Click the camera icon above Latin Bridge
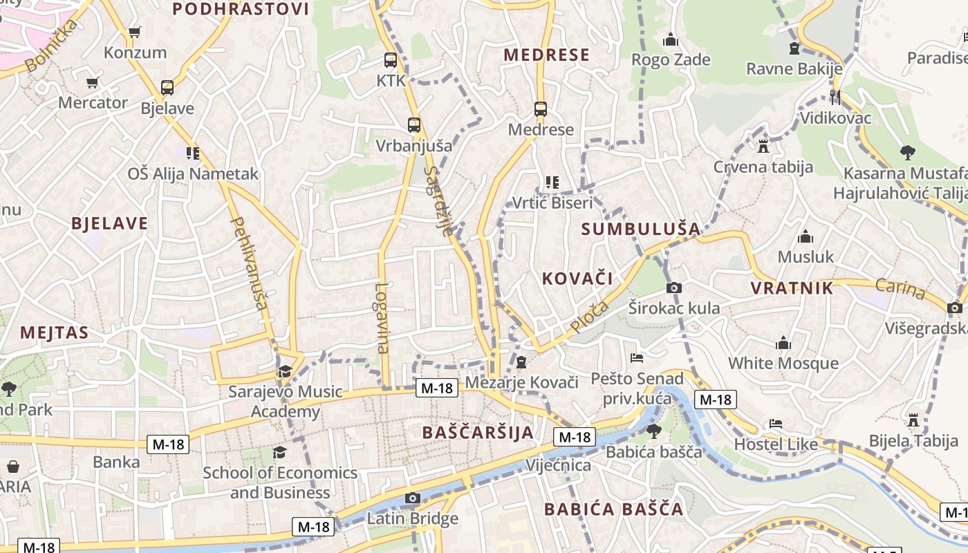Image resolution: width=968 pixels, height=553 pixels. pos(413,498)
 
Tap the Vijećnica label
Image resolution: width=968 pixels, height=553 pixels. pos(559,465)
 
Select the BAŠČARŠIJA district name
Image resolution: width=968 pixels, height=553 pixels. pos(478,433)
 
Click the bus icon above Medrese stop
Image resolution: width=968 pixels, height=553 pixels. pos(541,109)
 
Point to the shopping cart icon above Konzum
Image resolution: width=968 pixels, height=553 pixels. pos(135,32)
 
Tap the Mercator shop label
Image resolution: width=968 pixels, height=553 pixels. pos(93,103)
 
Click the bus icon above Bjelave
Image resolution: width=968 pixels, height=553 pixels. pos(167,88)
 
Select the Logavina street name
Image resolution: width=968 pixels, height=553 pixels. pos(382,318)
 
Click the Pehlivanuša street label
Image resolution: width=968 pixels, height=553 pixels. pos(248,263)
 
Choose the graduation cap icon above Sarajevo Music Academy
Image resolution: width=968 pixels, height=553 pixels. pos(285,372)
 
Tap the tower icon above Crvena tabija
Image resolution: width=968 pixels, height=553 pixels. pos(763,147)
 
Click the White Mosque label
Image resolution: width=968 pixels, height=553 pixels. pos(783,363)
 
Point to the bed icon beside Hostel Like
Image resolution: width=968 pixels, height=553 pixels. pos(776,424)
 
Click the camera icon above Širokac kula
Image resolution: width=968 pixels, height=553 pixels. pos(674,288)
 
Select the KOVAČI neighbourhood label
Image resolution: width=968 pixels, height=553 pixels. pos(577,279)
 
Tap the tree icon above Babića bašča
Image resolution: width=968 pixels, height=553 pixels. pos(653,431)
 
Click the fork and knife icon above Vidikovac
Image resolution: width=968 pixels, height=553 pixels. pos(835,97)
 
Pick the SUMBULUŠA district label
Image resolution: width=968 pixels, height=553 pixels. pos(641,229)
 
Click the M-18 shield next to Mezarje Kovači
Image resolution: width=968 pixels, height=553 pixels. pos(437,388)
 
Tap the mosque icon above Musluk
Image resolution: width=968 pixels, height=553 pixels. pos(806,237)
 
